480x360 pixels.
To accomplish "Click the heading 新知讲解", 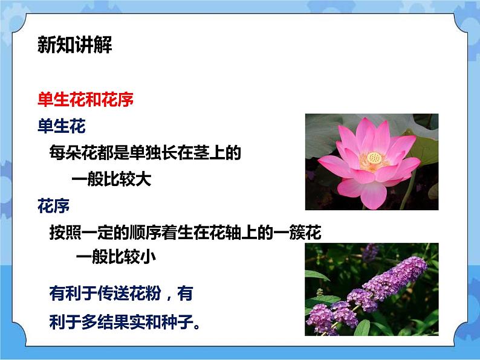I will pos(74,45).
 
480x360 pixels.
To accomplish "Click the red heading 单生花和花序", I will pos(85,99).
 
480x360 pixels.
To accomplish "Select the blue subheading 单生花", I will pos(61,126).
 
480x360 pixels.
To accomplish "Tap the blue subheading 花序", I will pos(53,207).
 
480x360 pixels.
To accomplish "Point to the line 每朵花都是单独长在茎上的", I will pos(145,153).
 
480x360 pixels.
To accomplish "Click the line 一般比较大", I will pos(111,179).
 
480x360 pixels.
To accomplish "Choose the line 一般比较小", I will pos(116,256).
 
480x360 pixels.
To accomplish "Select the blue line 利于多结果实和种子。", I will pos(125,322).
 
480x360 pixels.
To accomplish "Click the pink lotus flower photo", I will pos(371,162).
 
